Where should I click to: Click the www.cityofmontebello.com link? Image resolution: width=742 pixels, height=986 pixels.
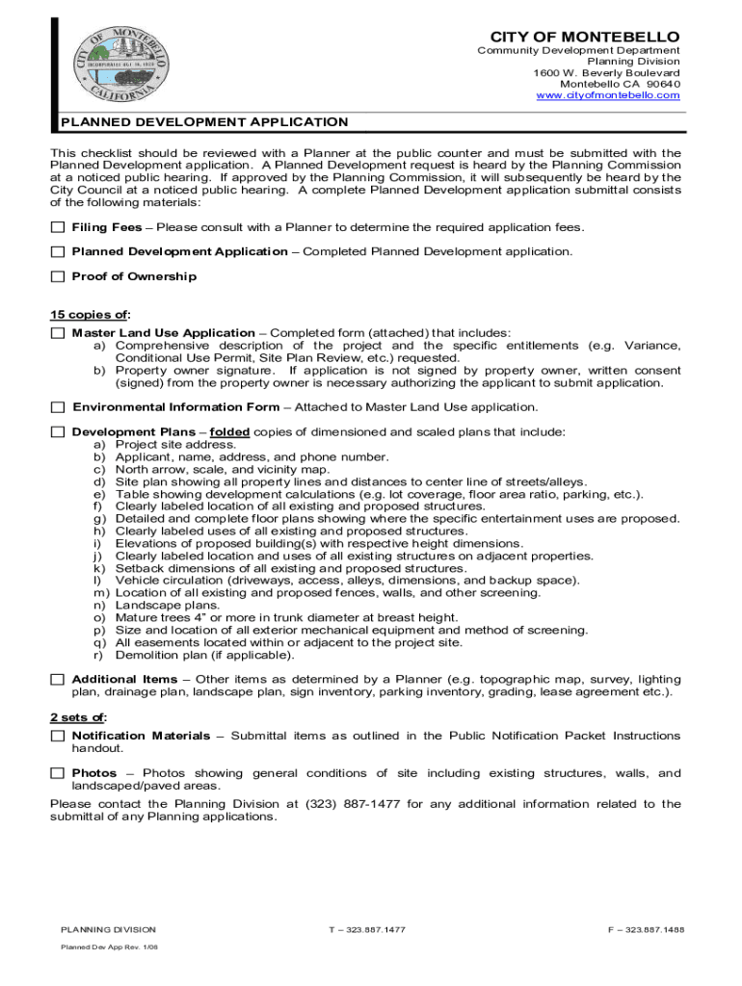pos(607,95)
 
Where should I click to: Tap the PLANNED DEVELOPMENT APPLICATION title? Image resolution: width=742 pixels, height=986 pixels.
pos(204,122)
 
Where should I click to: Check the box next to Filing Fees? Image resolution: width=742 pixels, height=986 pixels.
pos(57,227)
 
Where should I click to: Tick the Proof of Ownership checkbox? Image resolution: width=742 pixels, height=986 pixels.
pos(57,277)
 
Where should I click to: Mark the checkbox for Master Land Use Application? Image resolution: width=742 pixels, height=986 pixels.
pos(57,333)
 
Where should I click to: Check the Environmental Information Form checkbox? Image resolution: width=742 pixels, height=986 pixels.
pos(57,407)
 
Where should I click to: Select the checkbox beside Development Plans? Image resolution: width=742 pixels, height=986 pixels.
pos(57,432)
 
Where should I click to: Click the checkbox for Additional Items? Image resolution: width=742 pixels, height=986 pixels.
pos(57,680)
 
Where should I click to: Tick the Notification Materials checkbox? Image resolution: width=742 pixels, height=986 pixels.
pos(57,736)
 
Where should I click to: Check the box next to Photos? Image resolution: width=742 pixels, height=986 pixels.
pos(57,773)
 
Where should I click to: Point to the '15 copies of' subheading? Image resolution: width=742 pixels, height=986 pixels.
pos(90,315)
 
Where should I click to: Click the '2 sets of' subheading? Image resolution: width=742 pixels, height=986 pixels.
pos(78,717)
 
